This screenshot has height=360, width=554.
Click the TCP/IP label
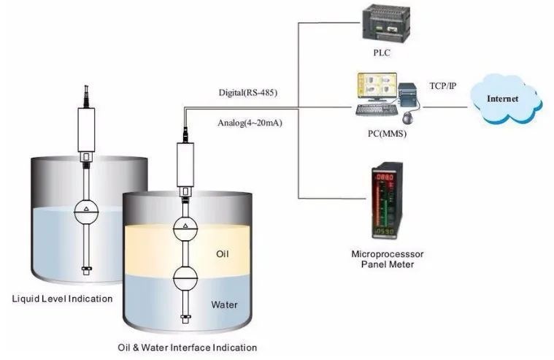pyautogui.click(x=443, y=86)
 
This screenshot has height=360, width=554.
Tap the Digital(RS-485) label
pyautogui.click(x=248, y=93)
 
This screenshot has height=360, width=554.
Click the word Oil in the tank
pyautogui.click(x=223, y=254)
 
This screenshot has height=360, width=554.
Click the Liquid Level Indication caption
pyautogui.click(x=62, y=298)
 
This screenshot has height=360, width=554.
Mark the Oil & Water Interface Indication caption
pyautogui.click(x=187, y=348)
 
